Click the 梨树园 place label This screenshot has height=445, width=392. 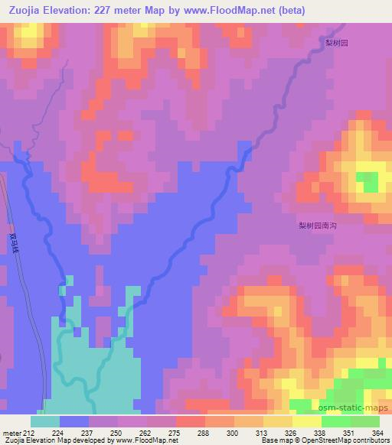coord(335,44)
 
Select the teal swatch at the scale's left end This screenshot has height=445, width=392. coord(44,421)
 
